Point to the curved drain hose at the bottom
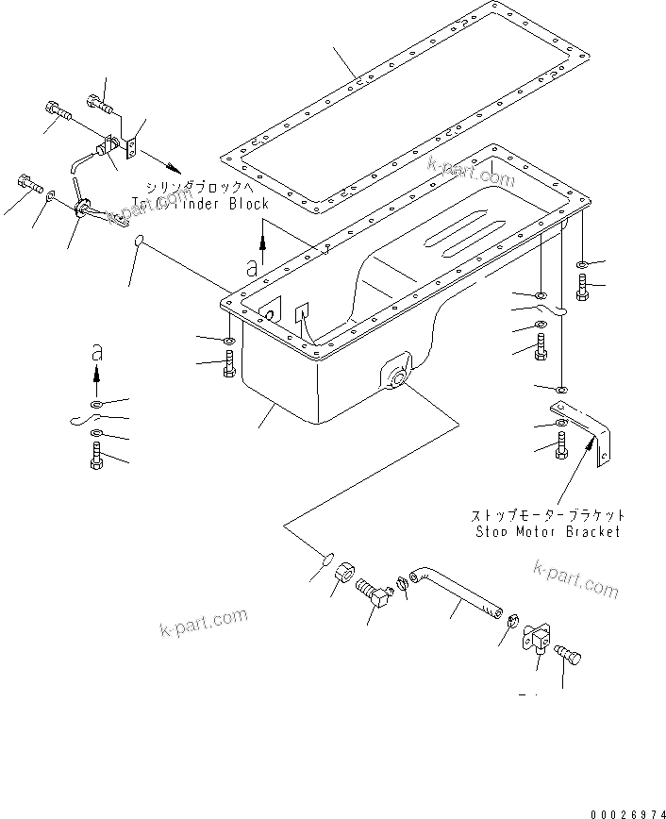pos(457,590)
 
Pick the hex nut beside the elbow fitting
pos(343,573)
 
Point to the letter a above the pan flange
pos(252,268)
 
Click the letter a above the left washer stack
pos(95,353)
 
